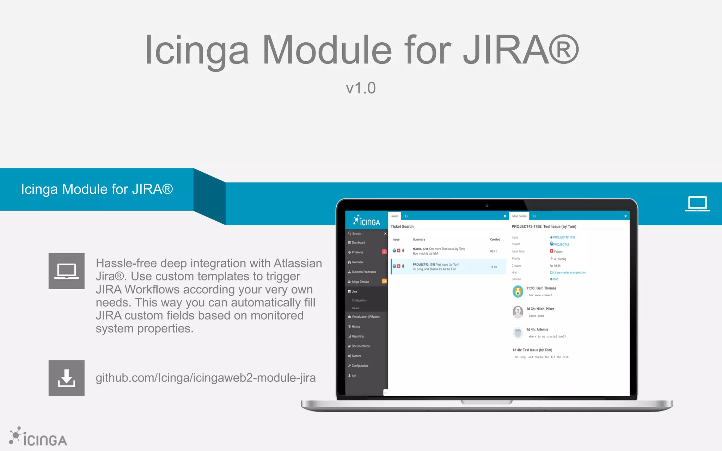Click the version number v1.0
coord(361,88)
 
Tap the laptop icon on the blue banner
coord(697,203)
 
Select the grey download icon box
coord(66,378)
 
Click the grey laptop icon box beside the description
coord(66,271)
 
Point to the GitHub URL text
coord(206,378)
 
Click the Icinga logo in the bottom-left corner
coord(38,438)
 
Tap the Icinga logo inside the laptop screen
coord(367,221)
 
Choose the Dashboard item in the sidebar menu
coord(358,243)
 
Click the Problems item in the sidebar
coord(357,252)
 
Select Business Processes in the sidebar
coord(363,272)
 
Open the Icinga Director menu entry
coord(360,282)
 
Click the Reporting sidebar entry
coord(357,336)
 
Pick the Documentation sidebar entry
coord(361,346)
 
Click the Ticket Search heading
coord(402,227)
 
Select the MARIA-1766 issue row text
coord(439,249)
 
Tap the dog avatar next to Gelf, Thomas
coord(518,291)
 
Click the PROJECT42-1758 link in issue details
coord(564,237)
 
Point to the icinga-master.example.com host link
coord(569,272)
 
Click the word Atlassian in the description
coord(298,263)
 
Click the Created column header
coord(495,240)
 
